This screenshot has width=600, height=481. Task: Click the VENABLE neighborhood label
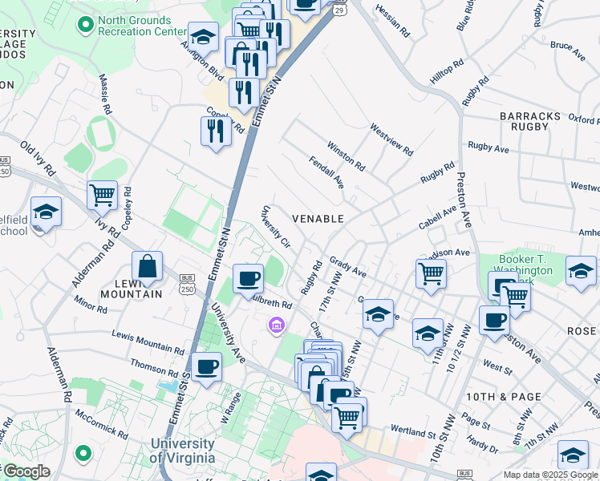pyautogui.click(x=318, y=218)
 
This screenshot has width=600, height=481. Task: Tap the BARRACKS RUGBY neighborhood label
pyautogui.click(x=530, y=121)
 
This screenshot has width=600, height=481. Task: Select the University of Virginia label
pyautogui.click(x=182, y=451)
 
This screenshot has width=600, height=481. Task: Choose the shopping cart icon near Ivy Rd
pyautogui.click(x=102, y=194)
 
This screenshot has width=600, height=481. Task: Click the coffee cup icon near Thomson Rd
pyautogui.click(x=206, y=366)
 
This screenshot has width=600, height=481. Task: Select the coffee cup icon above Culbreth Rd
pyautogui.click(x=248, y=278)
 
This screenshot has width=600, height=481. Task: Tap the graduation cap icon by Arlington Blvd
pyautogui.click(x=204, y=37)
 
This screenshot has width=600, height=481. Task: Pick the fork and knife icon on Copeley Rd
pyautogui.click(x=215, y=129)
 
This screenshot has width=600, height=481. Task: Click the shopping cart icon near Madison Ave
pyautogui.click(x=432, y=273)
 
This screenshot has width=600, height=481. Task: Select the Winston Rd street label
pyautogui.click(x=346, y=156)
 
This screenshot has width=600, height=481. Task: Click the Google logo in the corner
pyautogui.click(x=26, y=471)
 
